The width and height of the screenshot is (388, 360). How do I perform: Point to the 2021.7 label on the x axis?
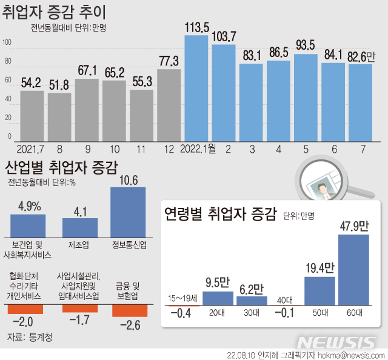click(x=30, y=149)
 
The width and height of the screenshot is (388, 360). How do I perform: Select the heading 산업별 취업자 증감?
click(x=61, y=167)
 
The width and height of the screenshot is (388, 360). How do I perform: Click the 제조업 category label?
click(x=80, y=245)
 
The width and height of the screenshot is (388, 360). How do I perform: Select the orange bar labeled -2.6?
click(x=129, y=311)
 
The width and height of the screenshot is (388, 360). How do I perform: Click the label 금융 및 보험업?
click(x=128, y=291)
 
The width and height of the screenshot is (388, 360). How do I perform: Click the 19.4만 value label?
click(x=319, y=267)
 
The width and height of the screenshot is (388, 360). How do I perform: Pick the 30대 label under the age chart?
click(x=252, y=313)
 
